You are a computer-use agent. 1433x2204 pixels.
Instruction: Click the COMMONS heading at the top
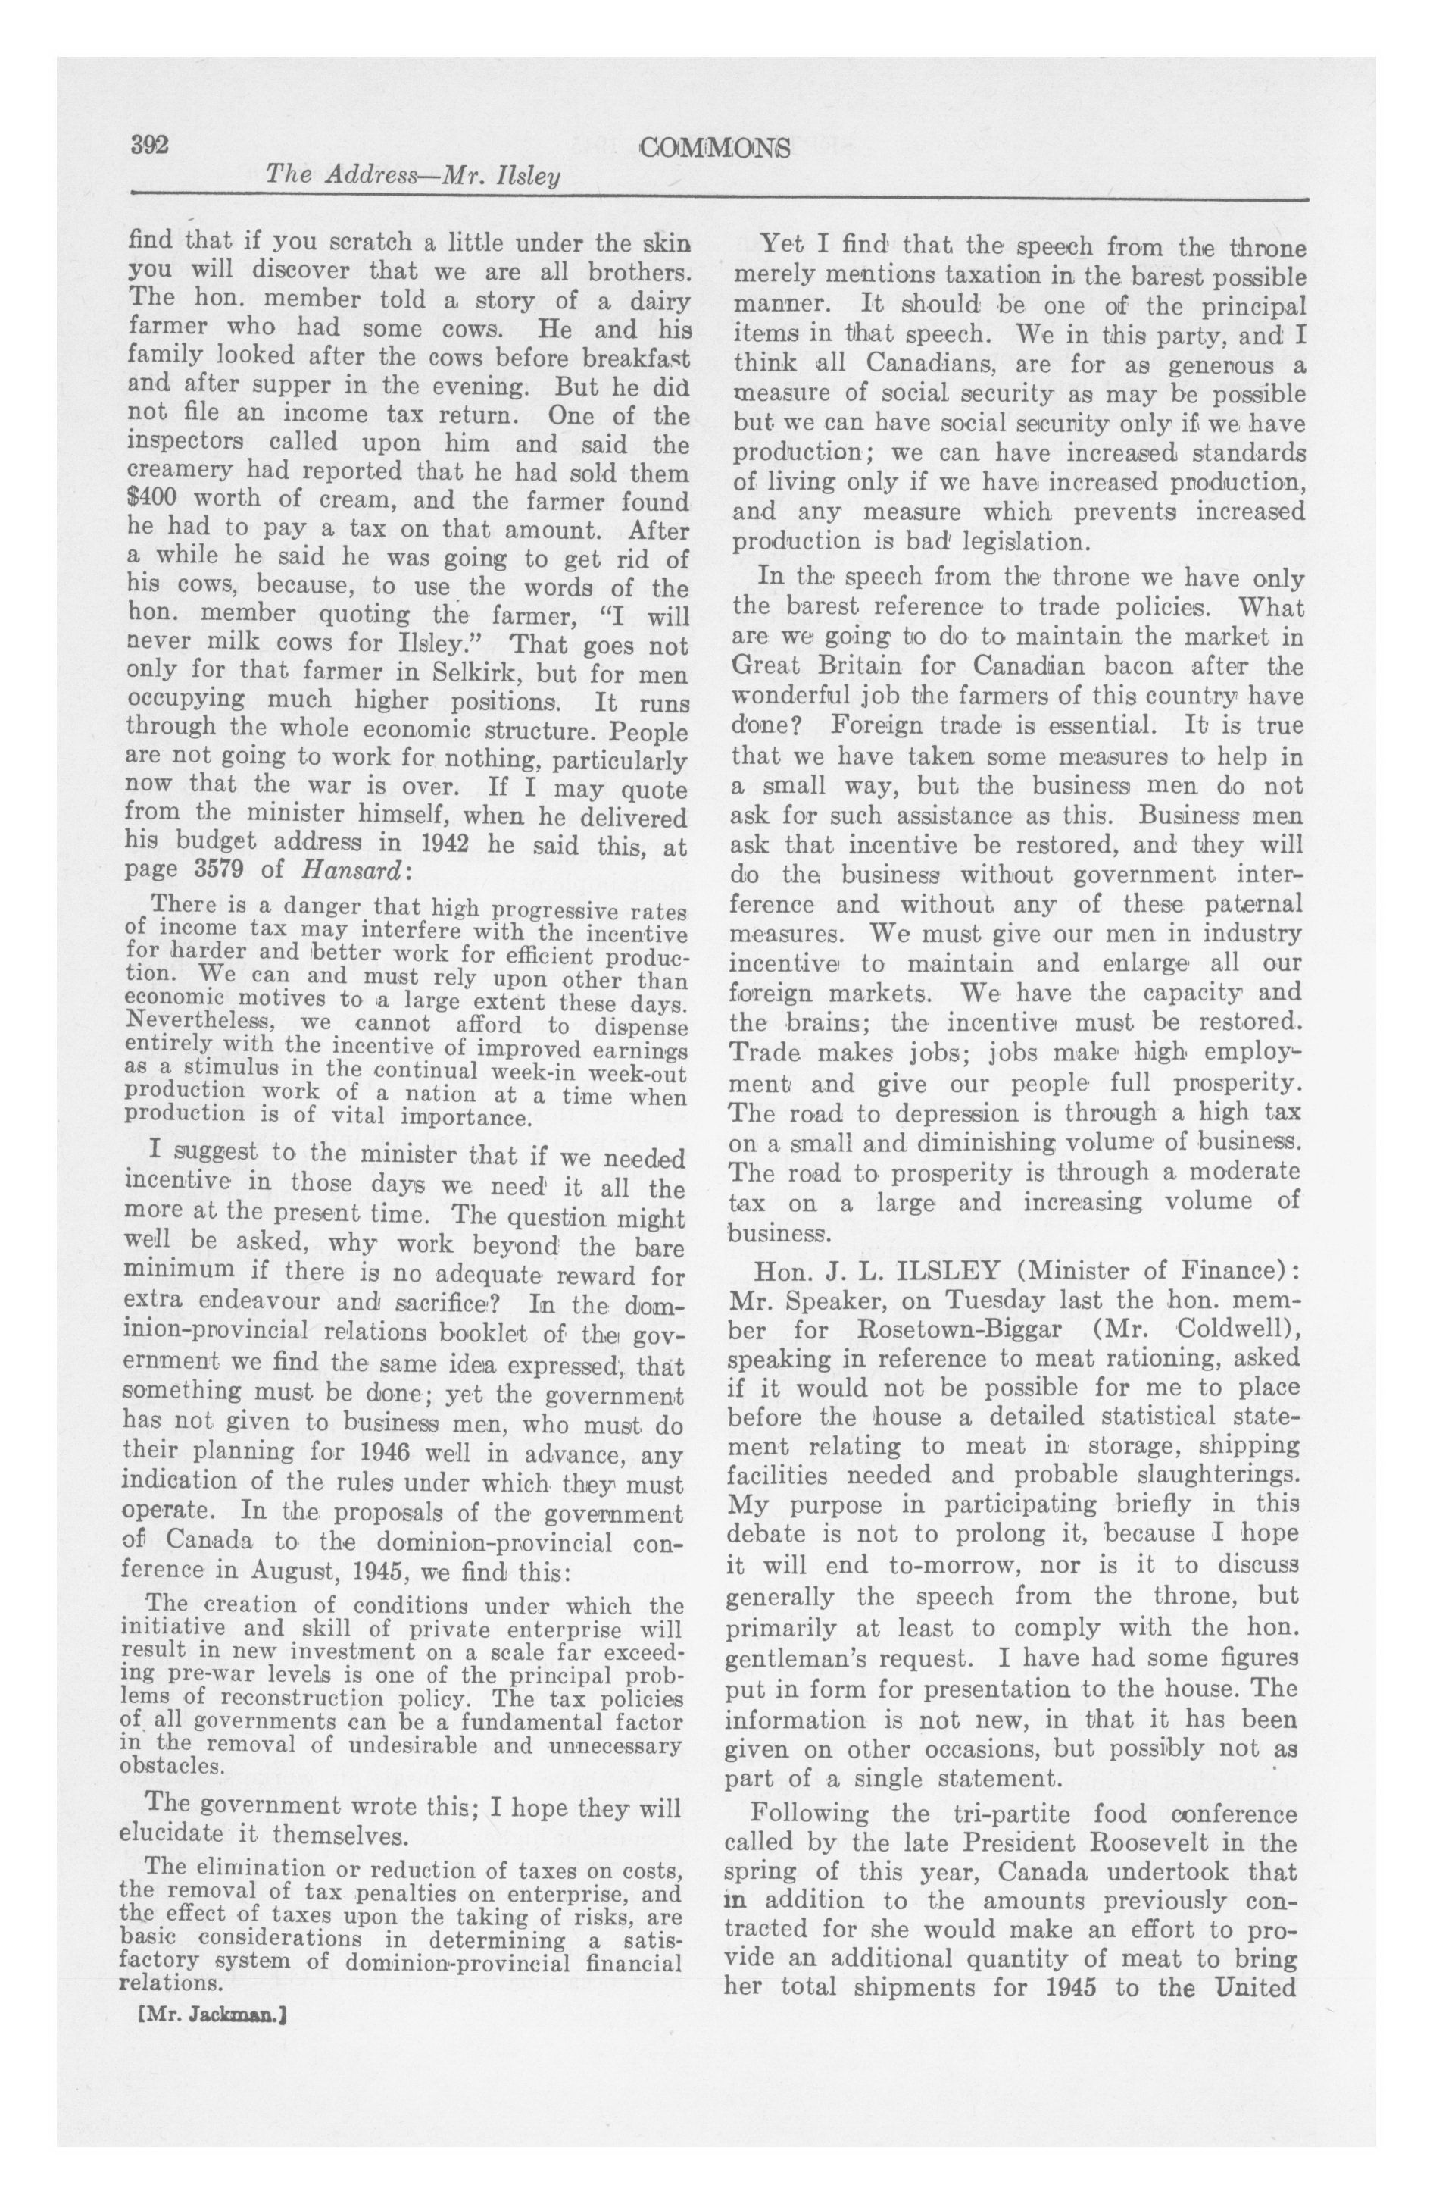716,147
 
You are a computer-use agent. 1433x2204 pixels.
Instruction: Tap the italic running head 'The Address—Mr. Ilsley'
413,174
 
